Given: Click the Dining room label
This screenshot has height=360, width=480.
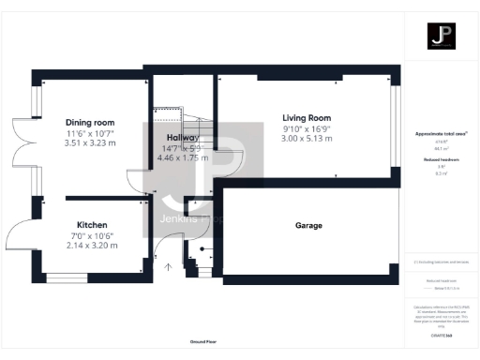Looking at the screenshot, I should coord(90,123).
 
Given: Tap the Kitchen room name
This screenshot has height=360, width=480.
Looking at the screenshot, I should coord(91,225).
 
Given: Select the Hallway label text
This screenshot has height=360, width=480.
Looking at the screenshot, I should coord(183,137).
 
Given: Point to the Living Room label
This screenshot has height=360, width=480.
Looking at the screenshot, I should coord(307,118).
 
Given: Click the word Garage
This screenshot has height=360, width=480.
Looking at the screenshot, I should coord(308,226).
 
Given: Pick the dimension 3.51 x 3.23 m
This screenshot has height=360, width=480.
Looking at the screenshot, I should coord(90,143).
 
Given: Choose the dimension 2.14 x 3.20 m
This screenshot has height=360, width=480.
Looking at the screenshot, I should coord(91,246).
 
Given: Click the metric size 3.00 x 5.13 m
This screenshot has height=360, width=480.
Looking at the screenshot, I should coord(307,139).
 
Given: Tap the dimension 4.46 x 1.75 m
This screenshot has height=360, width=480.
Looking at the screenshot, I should coord(183,157).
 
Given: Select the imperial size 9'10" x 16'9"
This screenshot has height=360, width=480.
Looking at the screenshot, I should coord(307,128).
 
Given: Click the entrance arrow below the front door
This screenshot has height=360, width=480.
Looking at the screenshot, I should coord(169,267).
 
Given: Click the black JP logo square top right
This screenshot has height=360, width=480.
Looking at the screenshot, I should coord(441,37).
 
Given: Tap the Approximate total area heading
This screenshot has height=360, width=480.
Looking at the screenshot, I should coord(441,134).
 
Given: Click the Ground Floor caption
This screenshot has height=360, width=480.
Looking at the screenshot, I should coord(203,342).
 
